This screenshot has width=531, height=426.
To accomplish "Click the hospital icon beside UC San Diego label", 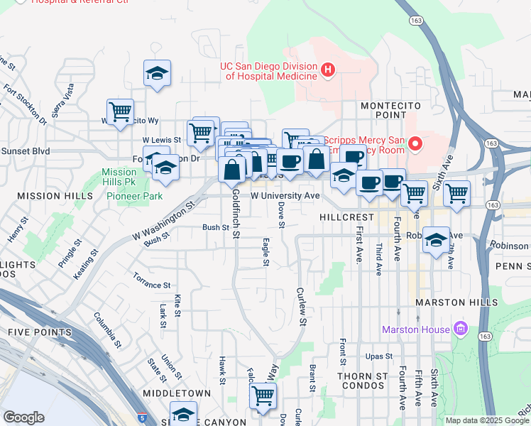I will coord(327,70).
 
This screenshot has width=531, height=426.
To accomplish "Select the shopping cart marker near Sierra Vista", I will coord(121,111).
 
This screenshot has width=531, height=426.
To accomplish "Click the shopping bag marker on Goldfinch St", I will coord(231,170).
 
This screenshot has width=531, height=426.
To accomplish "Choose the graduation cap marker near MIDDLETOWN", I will coord(183,413).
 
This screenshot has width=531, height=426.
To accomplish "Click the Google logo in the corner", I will coord(24,417).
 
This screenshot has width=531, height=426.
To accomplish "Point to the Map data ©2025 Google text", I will coord(486,420).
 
